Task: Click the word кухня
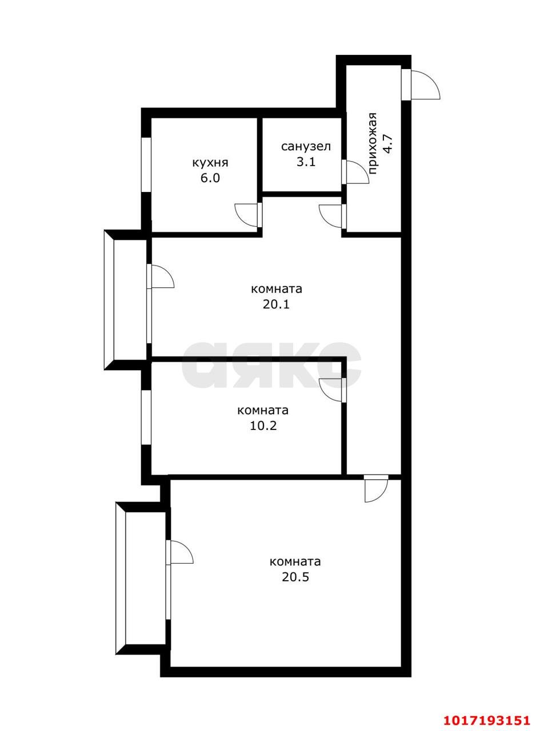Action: (210, 163)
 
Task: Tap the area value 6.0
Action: (210, 178)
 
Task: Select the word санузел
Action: (306, 147)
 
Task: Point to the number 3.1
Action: (306, 162)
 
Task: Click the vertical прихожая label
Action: (373, 144)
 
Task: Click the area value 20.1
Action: (276, 304)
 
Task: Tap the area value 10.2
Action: (263, 426)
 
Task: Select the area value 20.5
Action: (295, 577)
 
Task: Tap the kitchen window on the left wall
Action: (146, 165)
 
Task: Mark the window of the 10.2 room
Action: (146, 417)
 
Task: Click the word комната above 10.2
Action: (263, 411)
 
